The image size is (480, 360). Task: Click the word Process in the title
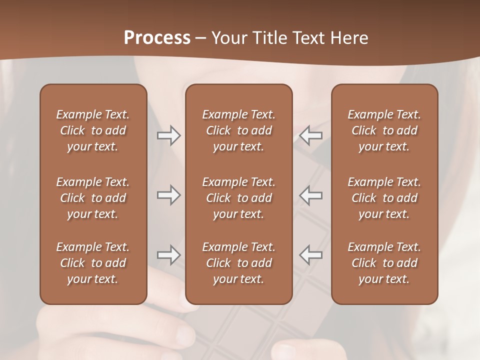(157, 37)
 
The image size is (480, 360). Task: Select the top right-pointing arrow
(168, 135)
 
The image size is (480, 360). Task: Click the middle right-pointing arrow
(168, 195)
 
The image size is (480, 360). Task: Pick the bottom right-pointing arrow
(168, 255)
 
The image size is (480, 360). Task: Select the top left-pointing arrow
(311, 135)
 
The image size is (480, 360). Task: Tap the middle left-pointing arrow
(311, 195)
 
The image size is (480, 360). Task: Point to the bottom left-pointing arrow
(311, 255)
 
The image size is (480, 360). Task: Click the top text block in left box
(93, 130)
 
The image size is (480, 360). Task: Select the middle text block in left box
(93, 198)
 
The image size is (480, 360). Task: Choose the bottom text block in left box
(93, 263)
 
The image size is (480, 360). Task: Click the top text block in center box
(238, 130)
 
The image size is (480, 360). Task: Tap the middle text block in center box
(238, 198)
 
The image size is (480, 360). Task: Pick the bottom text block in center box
(238, 263)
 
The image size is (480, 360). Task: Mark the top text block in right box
(384, 130)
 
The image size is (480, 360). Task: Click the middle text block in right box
(384, 198)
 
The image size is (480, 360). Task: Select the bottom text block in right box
(384, 263)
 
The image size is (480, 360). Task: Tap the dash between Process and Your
(200, 38)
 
